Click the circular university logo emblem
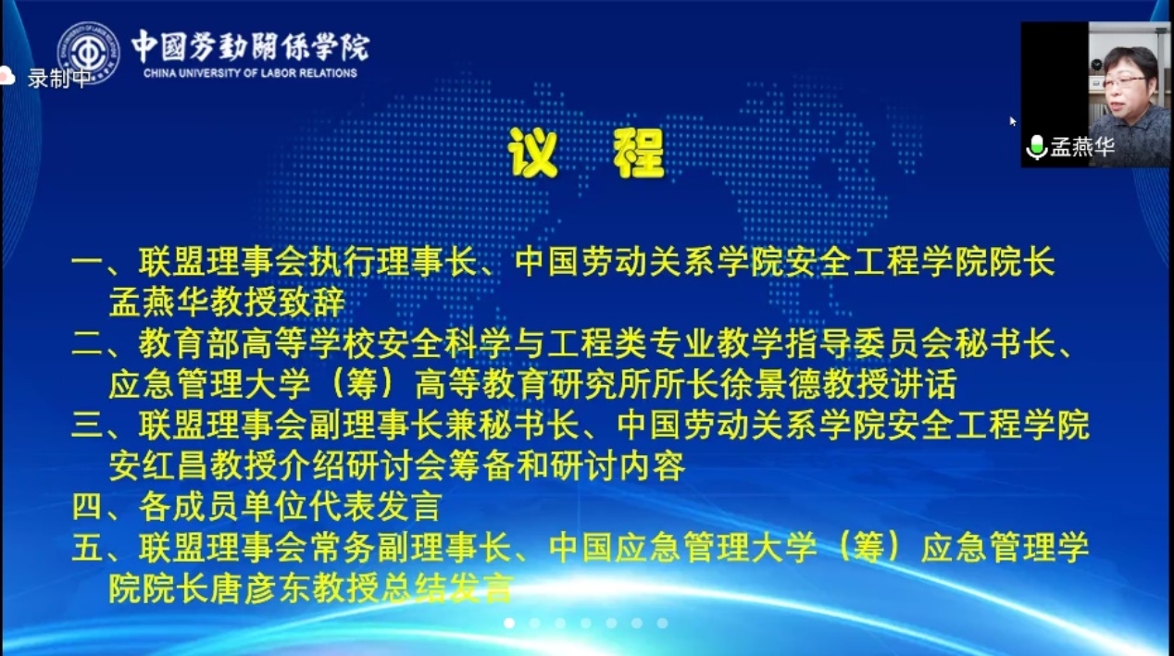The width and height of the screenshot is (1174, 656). click(x=88, y=53)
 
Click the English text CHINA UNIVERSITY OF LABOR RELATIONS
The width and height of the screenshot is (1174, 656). click(x=250, y=73)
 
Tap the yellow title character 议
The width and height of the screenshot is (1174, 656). click(x=532, y=153)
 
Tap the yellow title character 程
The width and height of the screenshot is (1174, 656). click(x=639, y=153)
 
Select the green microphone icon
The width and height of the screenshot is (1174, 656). click(x=1036, y=147)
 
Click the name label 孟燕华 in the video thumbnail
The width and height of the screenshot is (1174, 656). click(x=1081, y=147)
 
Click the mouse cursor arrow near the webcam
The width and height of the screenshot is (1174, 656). click(x=1013, y=121)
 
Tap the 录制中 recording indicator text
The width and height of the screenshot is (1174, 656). click(x=58, y=79)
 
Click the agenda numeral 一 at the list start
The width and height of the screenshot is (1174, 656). click(x=88, y=262)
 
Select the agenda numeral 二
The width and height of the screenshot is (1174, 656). click(x=88, y=345)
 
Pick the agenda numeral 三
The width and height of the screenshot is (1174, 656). click(x=88, y=426)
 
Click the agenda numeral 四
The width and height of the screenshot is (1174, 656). click(x=88, y=507)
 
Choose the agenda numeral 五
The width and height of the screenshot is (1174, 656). click(x=88, y=548)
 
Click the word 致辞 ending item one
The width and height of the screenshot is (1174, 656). click(x=311, y=303)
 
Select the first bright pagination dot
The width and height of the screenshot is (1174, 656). click(x=509, y=623)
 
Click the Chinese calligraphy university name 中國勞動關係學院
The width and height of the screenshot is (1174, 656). click(x=250, y=47)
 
